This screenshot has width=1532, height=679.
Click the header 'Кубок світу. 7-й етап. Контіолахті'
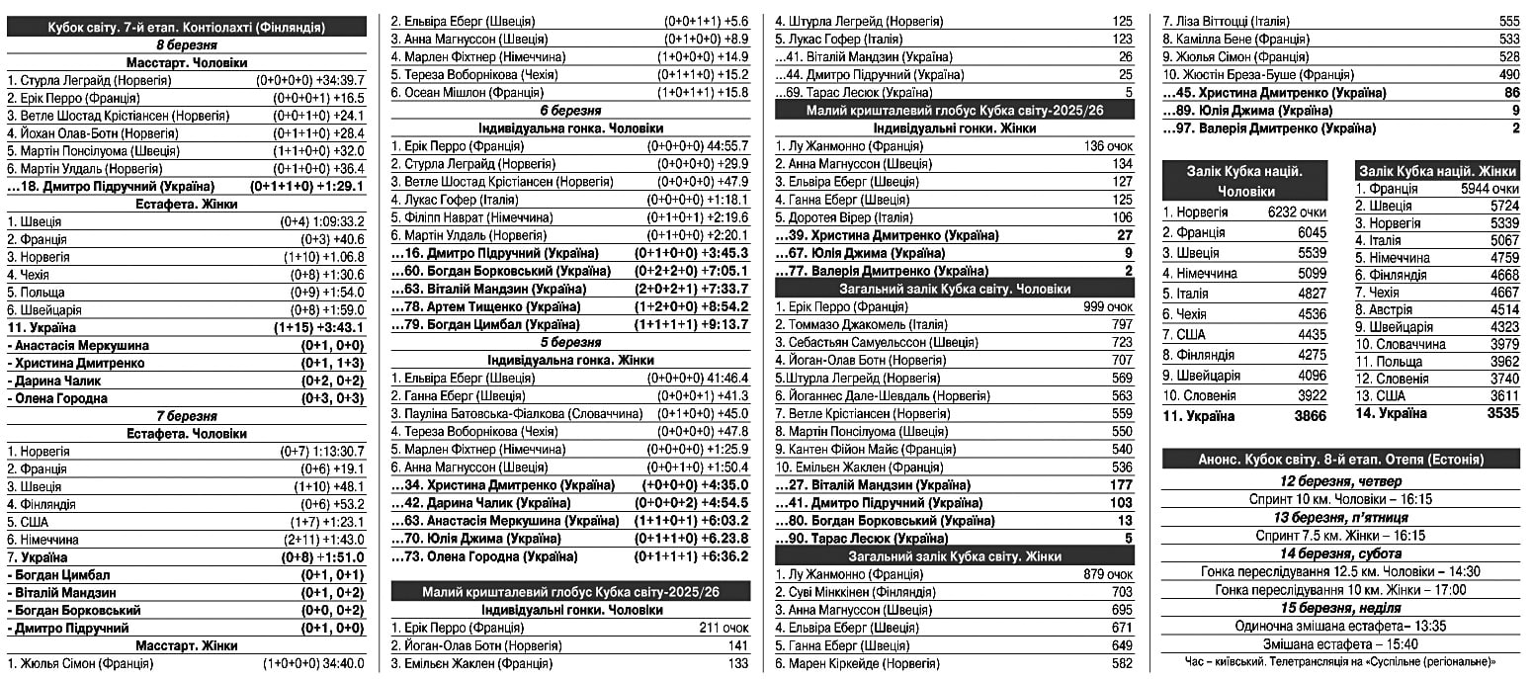[187, 28]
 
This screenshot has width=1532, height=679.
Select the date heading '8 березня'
[187, 45]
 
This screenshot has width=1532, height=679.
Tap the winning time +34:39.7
[336, 80]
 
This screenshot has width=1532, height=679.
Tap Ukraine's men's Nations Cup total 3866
[1310, 416]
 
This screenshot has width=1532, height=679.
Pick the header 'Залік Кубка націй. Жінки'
[1436, 171]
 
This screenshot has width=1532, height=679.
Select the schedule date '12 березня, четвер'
[1341, 481]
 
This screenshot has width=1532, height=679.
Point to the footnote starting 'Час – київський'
[1341, 662]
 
